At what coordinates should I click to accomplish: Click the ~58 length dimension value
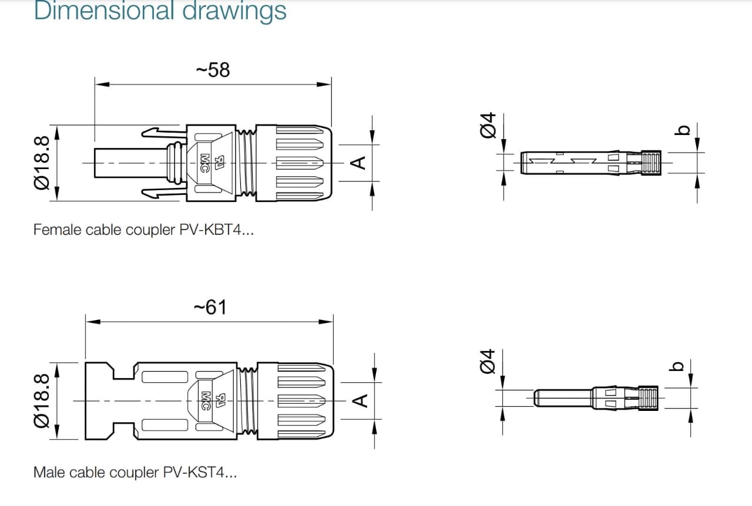[x=213, y=70]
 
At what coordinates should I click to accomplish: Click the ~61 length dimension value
[x=210, y=307]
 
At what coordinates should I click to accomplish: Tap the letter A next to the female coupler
[x=359, y=162]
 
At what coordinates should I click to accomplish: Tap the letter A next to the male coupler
[x=360, y=400]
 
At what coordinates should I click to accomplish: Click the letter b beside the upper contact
[x=681, y=130]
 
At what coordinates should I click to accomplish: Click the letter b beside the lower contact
[x=677, y=366]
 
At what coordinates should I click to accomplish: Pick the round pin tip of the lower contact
[x=538, y=398]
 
